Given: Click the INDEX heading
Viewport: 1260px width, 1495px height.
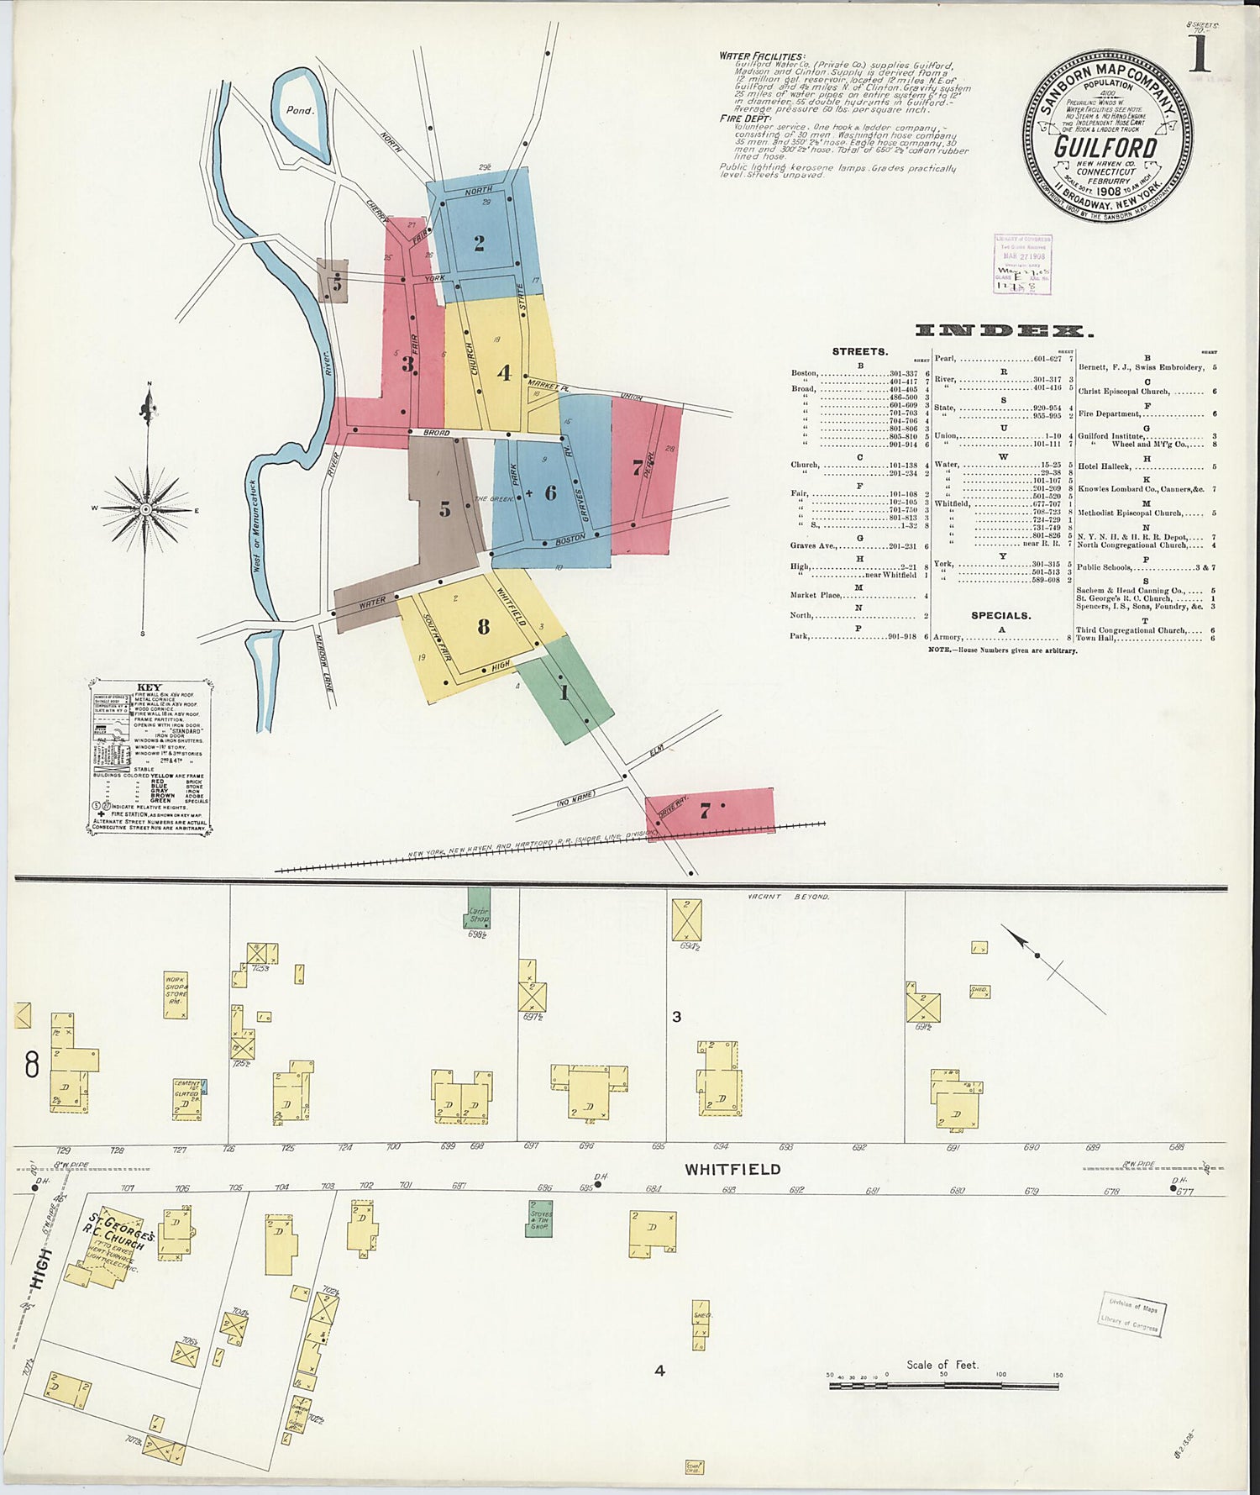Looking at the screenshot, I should click(1005, 331).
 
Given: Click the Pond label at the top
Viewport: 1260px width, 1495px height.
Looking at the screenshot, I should click(299, 110).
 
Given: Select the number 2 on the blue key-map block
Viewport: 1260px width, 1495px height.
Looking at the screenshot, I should click(479, 244).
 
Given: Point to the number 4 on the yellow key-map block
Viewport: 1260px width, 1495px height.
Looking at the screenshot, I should click(503, 372).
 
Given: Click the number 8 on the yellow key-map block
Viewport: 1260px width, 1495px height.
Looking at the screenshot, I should click(483, 626).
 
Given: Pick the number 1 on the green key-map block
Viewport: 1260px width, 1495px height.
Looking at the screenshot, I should click(564, 693).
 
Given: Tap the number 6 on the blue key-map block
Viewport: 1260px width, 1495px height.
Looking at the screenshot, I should click(550, 492).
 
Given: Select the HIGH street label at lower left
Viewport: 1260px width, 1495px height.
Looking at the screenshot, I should click(41, 1269).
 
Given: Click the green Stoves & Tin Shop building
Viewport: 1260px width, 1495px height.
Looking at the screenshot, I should click(540, 1216).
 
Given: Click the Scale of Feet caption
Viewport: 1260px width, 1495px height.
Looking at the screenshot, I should click(942, 1365).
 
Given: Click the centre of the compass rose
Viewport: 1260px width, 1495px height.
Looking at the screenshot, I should click(146, 509).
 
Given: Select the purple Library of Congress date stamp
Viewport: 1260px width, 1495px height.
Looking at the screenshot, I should click(1022, 264).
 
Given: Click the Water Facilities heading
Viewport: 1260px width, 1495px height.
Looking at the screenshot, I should click(761, 56).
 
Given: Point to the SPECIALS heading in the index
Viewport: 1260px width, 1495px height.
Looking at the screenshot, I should click(1000, 615).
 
